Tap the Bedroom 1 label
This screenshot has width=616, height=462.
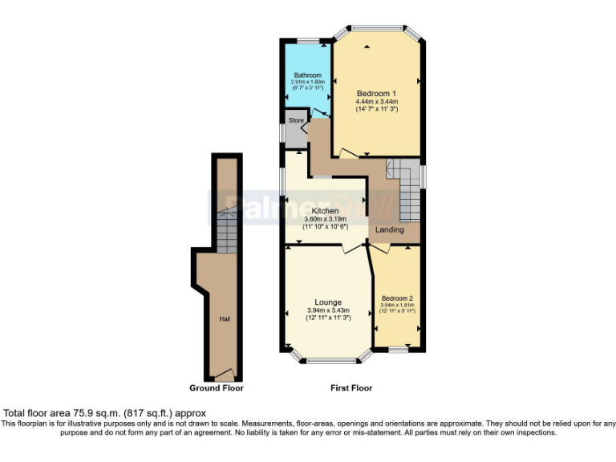point(376,94)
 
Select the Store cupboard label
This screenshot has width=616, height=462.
point(297,120)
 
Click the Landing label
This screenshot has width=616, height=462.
point(390,230)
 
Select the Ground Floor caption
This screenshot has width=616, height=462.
point(217,388)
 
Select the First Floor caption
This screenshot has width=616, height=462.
point(351,388)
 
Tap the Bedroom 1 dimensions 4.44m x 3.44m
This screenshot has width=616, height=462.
point(376,102)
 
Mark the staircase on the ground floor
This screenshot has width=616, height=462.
point(227,233)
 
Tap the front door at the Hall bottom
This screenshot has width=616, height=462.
point(225,374)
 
